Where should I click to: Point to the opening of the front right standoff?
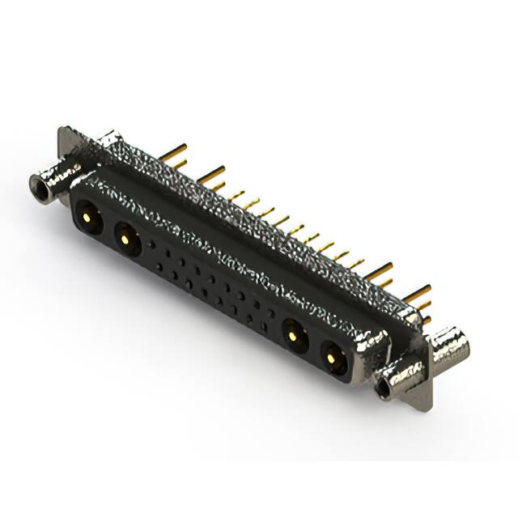point(382,388)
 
